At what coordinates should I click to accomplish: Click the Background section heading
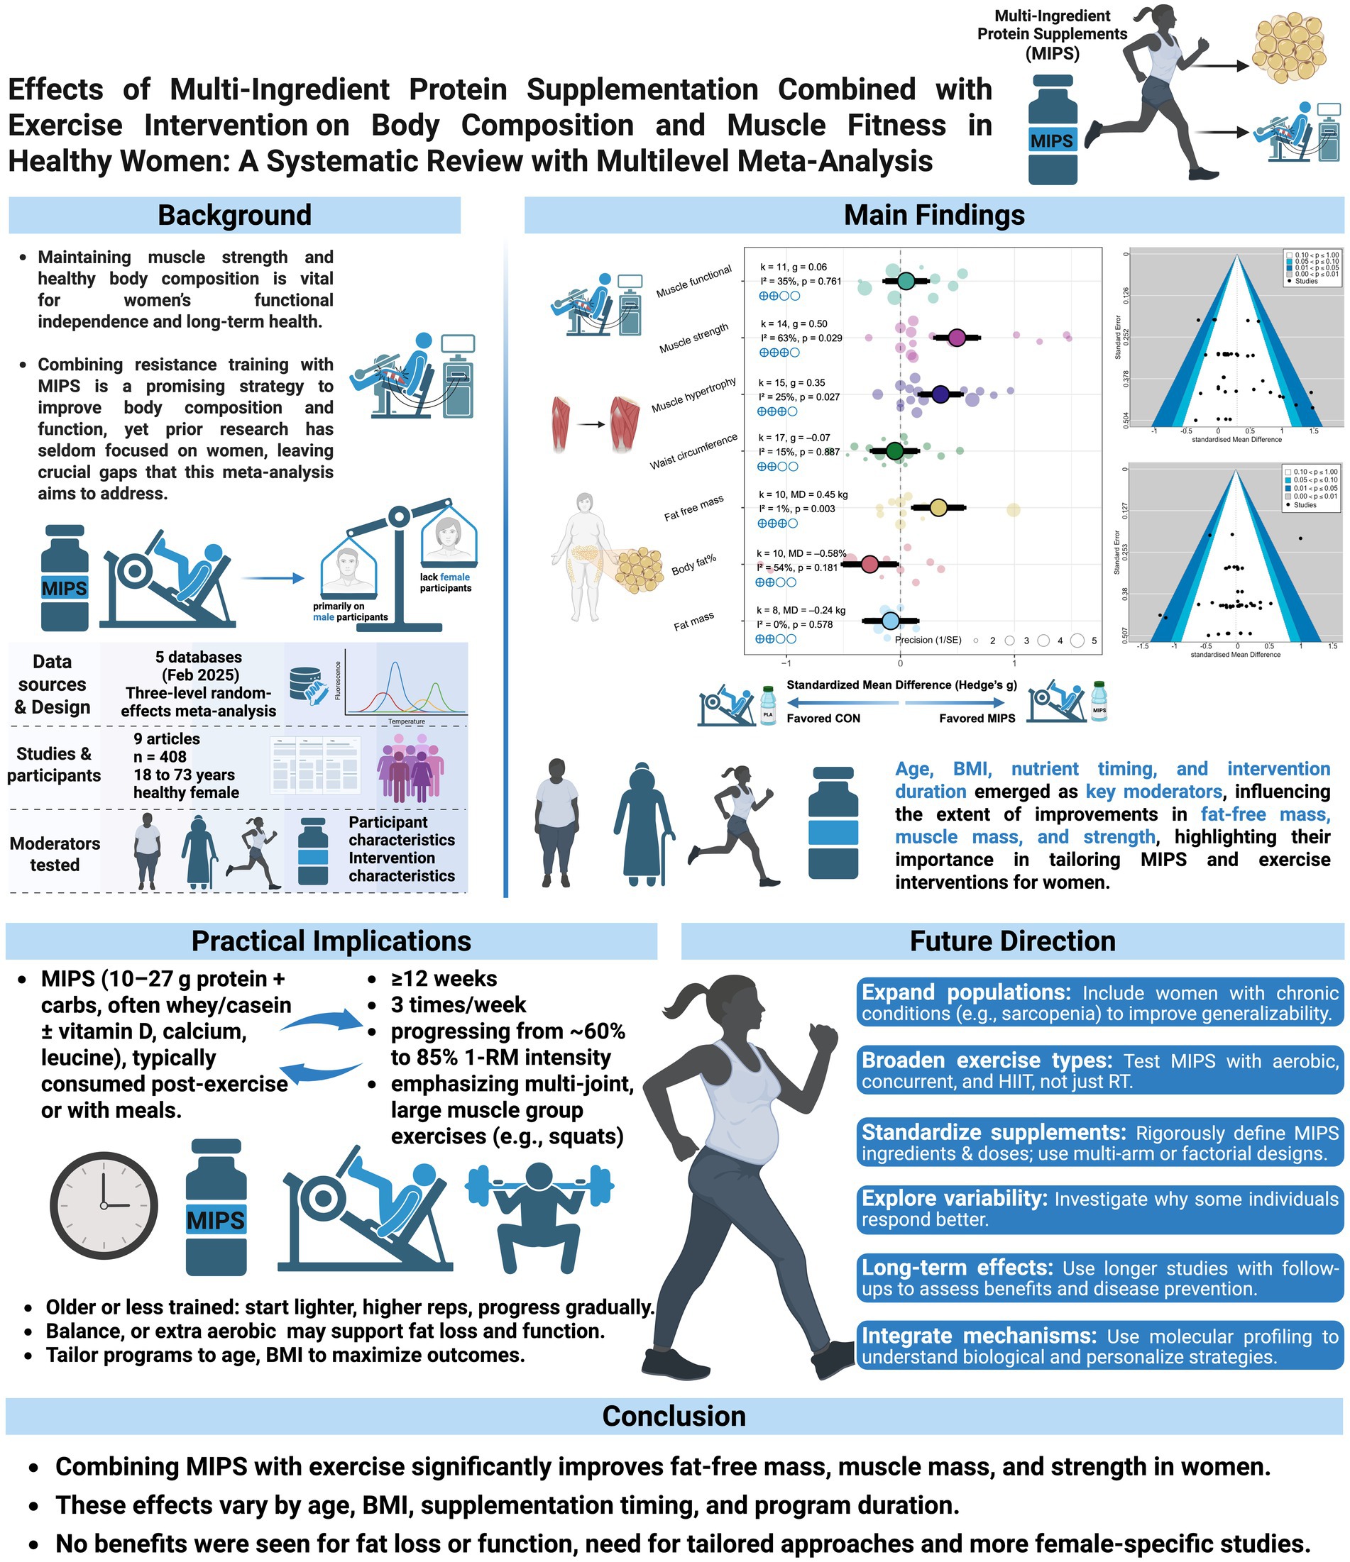(x=234, y=215)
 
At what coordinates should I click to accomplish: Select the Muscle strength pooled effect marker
(x=956, y=338)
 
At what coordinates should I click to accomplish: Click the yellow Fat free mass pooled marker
(x=938, y=507)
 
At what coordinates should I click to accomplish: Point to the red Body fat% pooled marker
(x=869, y=565)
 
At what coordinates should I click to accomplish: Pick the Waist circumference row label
(x=694, y=452)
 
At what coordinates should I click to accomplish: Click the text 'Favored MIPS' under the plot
(x=977, y=719)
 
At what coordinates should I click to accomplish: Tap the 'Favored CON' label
(x=823, y=719)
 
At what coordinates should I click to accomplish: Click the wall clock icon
(x=104, y=1204)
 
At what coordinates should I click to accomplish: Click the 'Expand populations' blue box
(x=1099, y=1002)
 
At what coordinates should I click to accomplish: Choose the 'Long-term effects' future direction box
(x=1099, y=1278)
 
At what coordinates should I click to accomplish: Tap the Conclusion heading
(x=674, y=1417)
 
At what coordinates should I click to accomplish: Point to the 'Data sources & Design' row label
(x=52, y=685)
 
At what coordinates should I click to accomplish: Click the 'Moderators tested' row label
(x=55, y=854)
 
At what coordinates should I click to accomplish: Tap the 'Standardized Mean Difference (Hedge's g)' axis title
(x=901, y=685)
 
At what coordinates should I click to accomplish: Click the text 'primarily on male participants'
(x=350, y=611)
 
